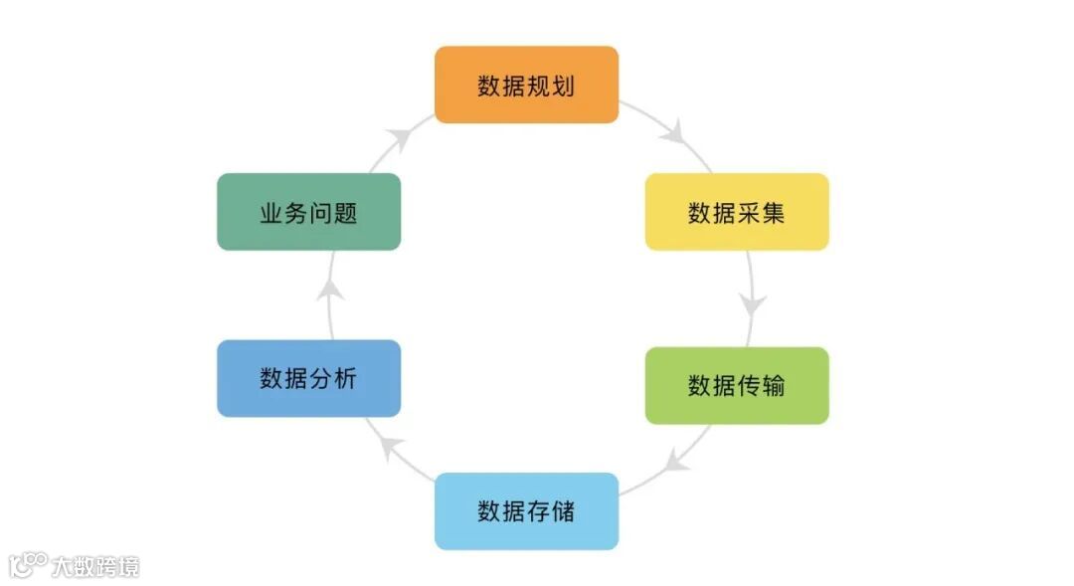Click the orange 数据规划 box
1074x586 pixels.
click(526, 85)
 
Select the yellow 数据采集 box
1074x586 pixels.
click(737, 212)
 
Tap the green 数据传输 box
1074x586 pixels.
click(737, 385)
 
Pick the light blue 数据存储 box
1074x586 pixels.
click(526, 511)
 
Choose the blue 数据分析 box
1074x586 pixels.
click(308, 378)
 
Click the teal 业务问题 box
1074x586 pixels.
click(308, 212)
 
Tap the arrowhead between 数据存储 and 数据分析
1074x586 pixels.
click(392, 445)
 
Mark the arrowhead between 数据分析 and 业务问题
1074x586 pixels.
click(333, 291)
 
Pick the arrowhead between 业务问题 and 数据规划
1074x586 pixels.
click(399, 138)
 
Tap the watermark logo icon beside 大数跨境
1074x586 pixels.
click(28, 565)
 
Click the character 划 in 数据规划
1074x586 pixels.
click(563, 86)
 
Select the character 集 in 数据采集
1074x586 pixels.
click(774, 213)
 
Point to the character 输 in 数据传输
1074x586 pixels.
click(774, 386)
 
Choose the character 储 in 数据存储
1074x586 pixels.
click(563, 512)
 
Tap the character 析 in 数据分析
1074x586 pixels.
click(345, 379)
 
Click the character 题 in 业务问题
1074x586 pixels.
click(345, 213)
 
